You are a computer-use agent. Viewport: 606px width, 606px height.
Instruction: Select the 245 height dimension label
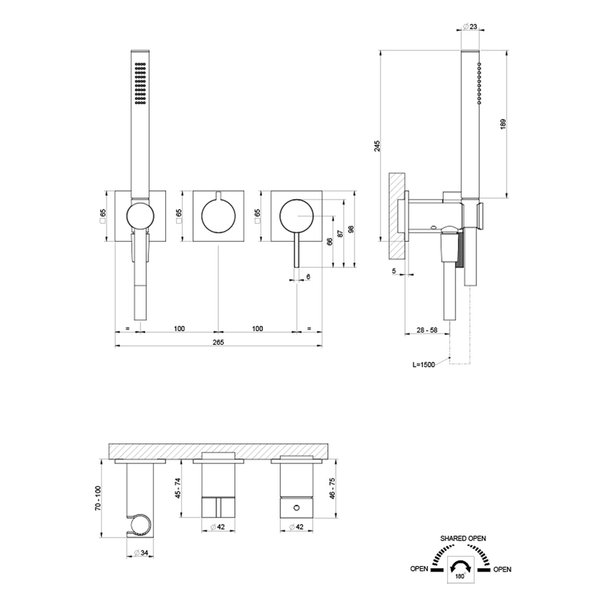tap(377, 145)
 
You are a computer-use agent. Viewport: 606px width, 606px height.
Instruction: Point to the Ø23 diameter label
tap(470, 26)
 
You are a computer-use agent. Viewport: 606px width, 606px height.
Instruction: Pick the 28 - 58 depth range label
tap(427, 330)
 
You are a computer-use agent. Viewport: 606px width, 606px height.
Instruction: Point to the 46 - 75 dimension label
tap(332, 492)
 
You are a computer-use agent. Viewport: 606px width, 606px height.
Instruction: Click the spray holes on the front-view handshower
tap(140, 83)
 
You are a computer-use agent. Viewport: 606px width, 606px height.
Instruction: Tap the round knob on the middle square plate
tap(218, 216)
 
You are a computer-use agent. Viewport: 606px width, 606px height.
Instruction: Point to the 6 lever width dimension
tap(308, 277)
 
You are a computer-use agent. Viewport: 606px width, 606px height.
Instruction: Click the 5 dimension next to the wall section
tap(394, 271)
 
